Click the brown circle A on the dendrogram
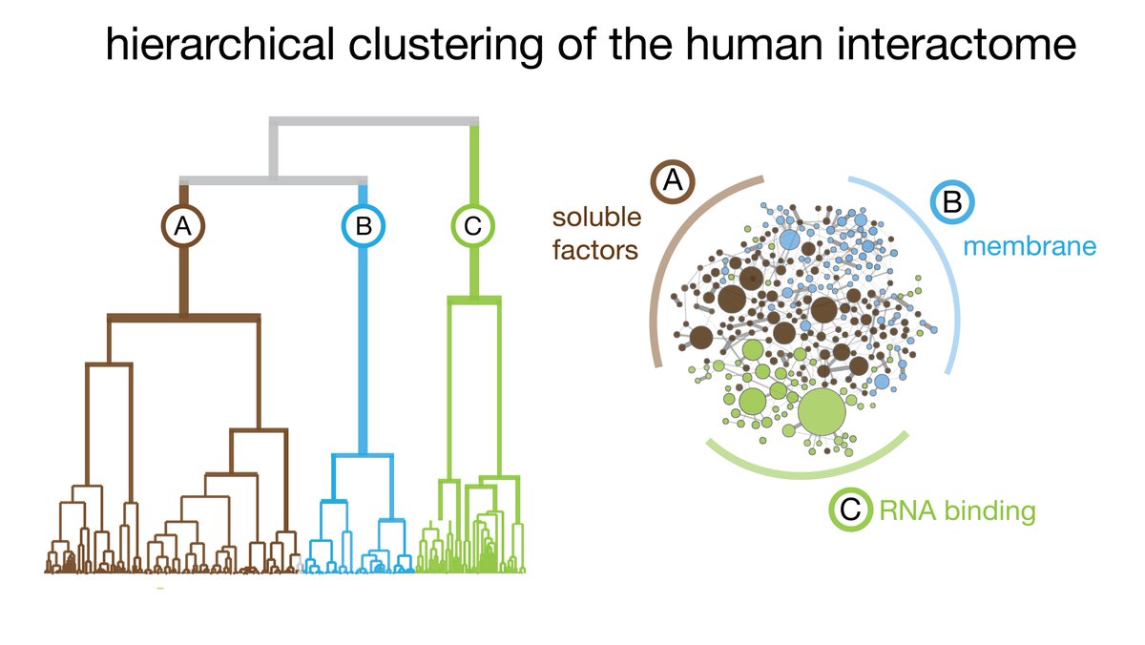[x=183, y=226]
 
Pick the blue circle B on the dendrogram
[x=364, y=226]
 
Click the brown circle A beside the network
[x=673, y=181]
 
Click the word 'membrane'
[x=1029, y=246]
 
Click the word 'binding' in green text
[x=989, y=510]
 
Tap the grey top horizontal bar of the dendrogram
[x=372, y=120]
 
